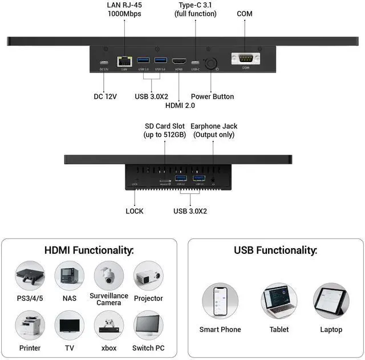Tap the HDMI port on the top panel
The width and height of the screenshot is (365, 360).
pos(179,61)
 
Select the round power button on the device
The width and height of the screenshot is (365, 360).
pos(210,63)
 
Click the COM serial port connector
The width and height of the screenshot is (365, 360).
pos(246,58)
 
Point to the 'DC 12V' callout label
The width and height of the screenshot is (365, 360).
pos(105,96)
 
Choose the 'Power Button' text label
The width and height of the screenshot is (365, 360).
pos(212,96)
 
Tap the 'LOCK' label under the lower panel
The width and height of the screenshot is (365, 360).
pos(135,211)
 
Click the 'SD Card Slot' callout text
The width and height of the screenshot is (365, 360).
pos(165,126)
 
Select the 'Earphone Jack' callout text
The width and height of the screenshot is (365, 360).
pos(214,126)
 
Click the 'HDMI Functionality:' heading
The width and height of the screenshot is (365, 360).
pos(89,250)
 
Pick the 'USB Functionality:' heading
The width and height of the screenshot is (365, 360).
pos(275,250)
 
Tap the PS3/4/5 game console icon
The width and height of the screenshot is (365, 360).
pos(30,276)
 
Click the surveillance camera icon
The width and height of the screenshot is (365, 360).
pos(108,276)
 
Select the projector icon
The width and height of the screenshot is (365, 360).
pos(148,276)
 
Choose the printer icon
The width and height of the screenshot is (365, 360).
pos(30,325)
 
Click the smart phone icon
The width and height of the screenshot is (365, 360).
pos(220,301)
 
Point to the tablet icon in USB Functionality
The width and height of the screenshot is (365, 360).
pos(279,301)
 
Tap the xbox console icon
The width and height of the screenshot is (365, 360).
pos(108,325)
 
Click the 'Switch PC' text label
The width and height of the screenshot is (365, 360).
pos(148,347)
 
